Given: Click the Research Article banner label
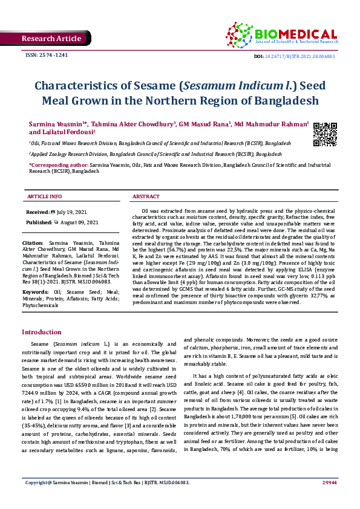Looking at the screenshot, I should [x=51, y=39].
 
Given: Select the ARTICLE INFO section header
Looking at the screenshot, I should [x=44, y=197].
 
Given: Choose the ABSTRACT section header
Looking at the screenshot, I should [x=146, y=197].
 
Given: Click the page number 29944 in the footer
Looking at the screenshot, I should [x=329, y=499].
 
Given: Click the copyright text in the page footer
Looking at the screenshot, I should [x=106, y=499].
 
